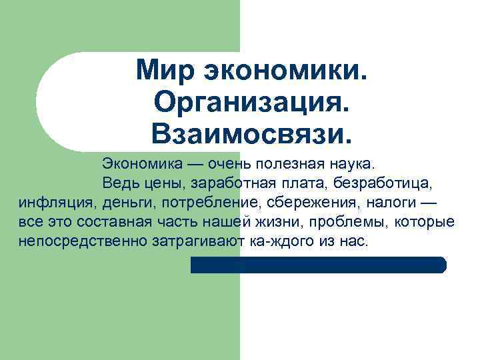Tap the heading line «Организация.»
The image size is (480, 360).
pos(250,102)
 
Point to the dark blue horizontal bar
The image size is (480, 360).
pos(318,265)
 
